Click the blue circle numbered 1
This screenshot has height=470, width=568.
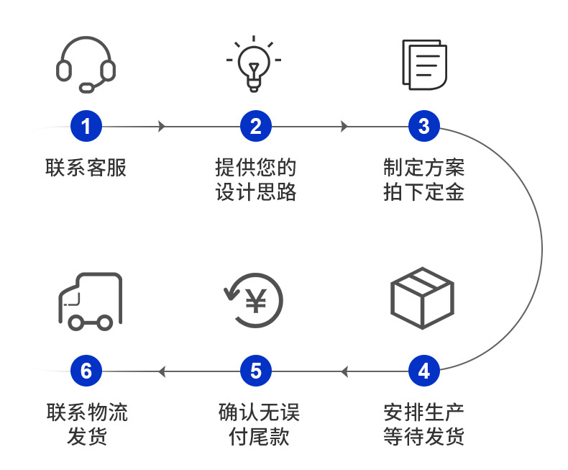coord(86,127)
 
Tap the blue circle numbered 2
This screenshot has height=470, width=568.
coord(255,127)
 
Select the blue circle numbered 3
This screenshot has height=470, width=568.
coord(424,127)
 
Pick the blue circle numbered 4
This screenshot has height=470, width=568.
coord(424,371)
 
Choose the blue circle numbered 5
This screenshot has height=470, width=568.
coord(255,371)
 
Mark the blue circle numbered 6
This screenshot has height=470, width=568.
coord(86,371)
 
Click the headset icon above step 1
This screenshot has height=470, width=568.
coord(86,65)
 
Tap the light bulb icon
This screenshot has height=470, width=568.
coord(254,64)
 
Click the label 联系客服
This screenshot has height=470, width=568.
coord(86,168)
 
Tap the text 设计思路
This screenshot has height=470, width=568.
coord(255,193)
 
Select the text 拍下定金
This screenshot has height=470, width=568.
coord(424,193)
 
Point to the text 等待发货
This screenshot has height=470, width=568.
coord(424,437)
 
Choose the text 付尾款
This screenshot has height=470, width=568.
coord(255,437)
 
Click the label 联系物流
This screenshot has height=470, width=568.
coord(86,412)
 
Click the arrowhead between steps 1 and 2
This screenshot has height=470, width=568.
coord(162,127)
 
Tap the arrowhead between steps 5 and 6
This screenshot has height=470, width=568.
coord(162,371)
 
